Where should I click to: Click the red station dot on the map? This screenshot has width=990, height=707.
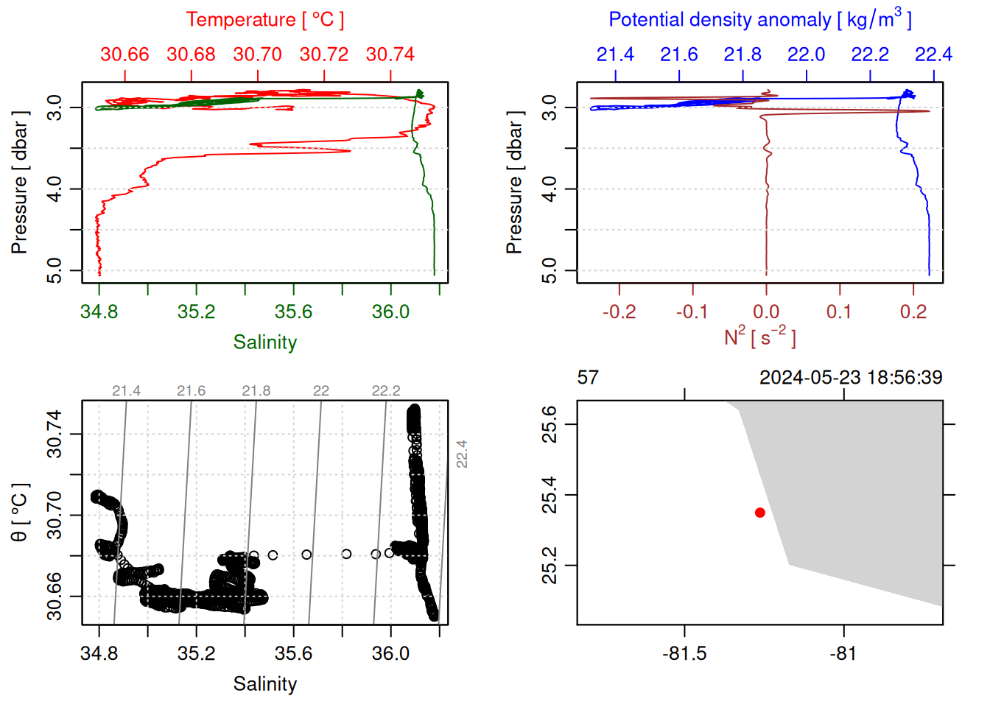click(x=759, y=513)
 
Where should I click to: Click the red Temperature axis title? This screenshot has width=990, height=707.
click(x=264, y=20)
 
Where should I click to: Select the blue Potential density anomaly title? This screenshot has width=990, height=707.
click(x=759, y=20)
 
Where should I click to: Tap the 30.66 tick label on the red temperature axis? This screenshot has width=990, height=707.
click(x=124, y=54)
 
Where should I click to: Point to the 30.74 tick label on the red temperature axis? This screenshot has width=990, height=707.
click(x=390, y=54)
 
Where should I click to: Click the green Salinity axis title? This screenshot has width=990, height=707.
click(x=264, y=342)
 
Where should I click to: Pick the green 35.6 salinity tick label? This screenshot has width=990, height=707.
click(x=293, y=312)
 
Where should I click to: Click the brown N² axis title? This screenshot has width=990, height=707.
click(x=759, y=337)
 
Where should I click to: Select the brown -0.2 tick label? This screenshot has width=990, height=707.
click(x=619, y=312)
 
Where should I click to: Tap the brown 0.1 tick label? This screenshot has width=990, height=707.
click(x=839, y=312)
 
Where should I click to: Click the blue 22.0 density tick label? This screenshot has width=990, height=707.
click(x=806, y=54)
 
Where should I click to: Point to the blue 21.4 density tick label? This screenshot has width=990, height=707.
click(x=615, y=54)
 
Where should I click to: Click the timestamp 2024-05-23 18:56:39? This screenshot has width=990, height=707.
click(x=851, y=378)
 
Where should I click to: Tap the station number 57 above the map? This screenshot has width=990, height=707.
click(x=588, y=378)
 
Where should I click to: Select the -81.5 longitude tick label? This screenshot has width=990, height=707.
click(x=684, y=654)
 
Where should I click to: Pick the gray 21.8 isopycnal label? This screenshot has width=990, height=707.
click(x=256, y=391)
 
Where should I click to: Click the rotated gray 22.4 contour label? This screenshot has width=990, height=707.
click(x=462, y=454)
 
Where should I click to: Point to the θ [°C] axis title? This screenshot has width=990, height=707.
click(x=20, y=513)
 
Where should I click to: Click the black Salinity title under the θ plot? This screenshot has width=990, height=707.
click(x=264, y=684)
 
